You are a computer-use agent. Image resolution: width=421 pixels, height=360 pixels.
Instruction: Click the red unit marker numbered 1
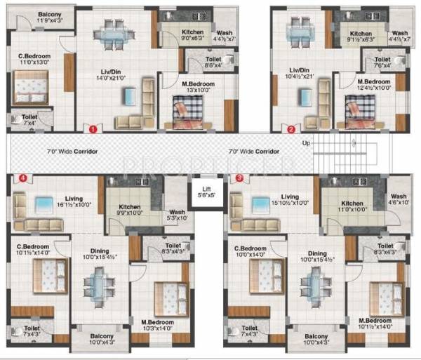[91, 128]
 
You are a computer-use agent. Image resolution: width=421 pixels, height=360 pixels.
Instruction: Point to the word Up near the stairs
[305, 142]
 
